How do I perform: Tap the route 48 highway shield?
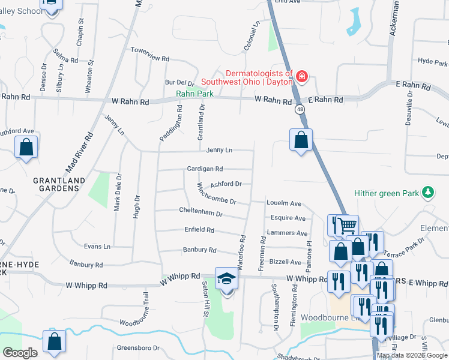tap(299, 109)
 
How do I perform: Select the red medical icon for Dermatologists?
tap(301, 77)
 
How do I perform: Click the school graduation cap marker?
tap(226, 279)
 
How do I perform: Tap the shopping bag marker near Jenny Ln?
tap(301, 140)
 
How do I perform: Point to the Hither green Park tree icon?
tap(427, 193)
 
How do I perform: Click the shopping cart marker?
tap(346, 226)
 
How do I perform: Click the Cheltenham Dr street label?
tap(200, 211)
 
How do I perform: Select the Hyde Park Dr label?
tap(433, 62)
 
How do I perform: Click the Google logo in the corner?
tap(20, 353)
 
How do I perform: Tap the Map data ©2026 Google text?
tap(412, 355)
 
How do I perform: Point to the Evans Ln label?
tap(97, 247)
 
